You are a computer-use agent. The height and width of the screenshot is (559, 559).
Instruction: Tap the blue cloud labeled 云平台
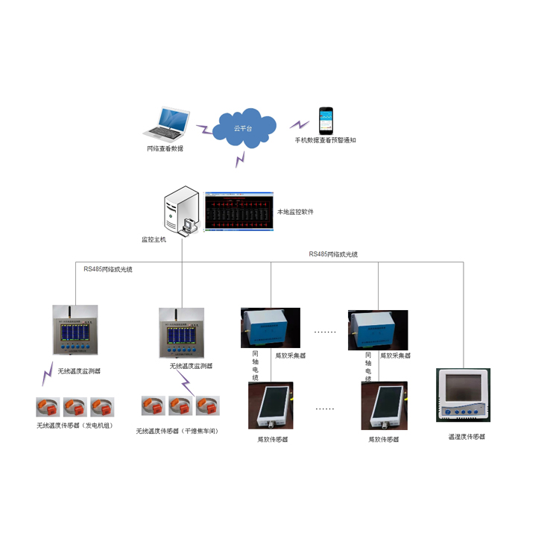pyautogui.click(x=243, y=128)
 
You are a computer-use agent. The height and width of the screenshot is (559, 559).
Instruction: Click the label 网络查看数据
pyautogui.click(x=165, y=148)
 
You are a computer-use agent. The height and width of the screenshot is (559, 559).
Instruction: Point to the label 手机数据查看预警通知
pyautogui.click(x=326, y=140)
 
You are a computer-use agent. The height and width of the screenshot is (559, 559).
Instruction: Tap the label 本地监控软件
pyautogui.click(x=295, y=212)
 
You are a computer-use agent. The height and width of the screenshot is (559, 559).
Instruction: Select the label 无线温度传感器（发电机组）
pyautogui.click(x=75, y=426)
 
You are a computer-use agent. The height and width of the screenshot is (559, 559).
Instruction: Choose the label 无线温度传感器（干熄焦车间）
pyautogui.click(x=181, y=431)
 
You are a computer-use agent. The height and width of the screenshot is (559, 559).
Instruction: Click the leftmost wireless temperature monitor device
pyautogui.click(x=75, y=329)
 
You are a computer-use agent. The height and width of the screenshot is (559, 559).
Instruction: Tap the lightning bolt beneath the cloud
pyautogui.click(x=240, y=159)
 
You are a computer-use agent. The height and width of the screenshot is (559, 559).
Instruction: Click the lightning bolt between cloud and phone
pyautogui.click(x=299, y=124)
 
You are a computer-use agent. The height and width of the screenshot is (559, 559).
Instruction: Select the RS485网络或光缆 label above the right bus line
pyautogui.click(x=333, y=254)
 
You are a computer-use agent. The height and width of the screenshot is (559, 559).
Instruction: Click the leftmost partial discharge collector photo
pyautogui.click(x=270, y=328)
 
